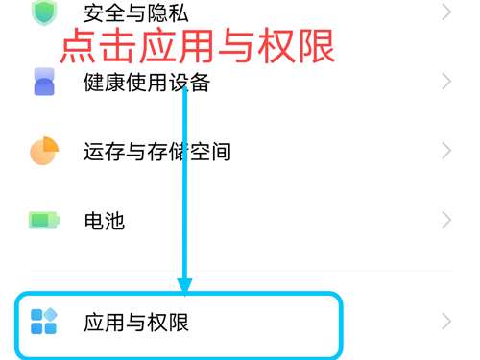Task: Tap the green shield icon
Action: tap(43, 12)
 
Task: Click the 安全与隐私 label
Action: tap(136, 12)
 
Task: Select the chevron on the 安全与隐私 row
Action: tap(445, 12)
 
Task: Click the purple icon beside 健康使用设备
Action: tap(43, 84)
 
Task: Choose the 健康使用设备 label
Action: tap(146, 83)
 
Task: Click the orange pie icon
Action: tap(43, 151)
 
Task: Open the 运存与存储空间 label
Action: tap(156, 152)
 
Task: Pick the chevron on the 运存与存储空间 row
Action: tap(445, 151)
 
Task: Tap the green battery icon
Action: tap(43, 221)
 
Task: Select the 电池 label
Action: tap(104, 221)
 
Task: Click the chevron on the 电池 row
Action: tap(445, 221)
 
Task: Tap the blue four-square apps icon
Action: tap(43, 321)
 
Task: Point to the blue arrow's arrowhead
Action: tap(185, 285)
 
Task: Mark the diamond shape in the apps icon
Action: tap(51, 313)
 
